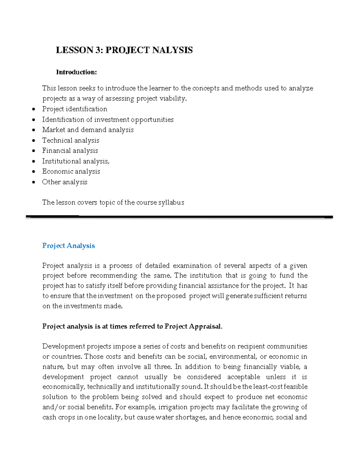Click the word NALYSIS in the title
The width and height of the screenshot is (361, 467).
(172, 50)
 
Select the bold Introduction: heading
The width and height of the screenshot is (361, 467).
(76, 72)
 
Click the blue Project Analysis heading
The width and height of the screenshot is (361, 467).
(68, 246)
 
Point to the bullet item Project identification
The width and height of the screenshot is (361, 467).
(75, 109)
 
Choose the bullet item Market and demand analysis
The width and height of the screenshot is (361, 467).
(88, 130)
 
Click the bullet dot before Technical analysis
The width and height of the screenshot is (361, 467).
(34, 140)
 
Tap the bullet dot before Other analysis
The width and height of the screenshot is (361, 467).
(34, 182)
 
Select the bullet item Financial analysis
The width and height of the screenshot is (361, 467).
(70, 151)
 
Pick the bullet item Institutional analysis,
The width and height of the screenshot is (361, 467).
(76, 161)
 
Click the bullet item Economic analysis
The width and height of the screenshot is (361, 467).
(71, 171)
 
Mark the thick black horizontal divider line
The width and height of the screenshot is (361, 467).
(179, 217)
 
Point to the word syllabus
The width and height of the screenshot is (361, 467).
(171, 202)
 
